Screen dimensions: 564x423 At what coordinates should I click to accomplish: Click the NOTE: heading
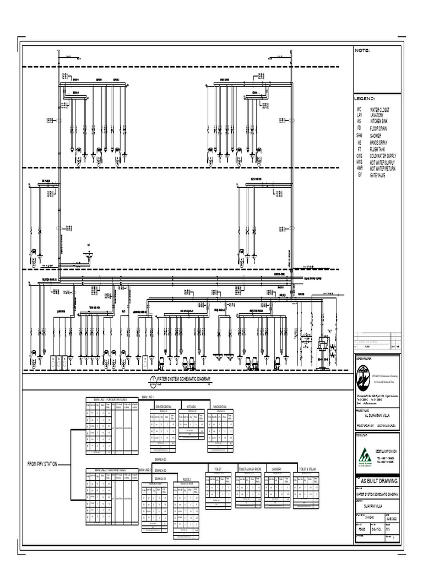(x=362, y=51)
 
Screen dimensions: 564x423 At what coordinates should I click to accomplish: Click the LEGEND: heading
(x=364, y=99)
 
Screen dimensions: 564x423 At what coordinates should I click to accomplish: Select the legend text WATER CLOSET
(x=381, y=110)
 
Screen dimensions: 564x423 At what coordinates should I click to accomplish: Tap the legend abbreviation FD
(x=359, y=127)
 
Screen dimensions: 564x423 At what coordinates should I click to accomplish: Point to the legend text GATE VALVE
(x=378, y=175)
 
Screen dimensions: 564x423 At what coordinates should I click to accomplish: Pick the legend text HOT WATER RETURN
(x=383, y=169)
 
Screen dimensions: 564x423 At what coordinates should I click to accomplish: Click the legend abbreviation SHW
(x=360, y=135)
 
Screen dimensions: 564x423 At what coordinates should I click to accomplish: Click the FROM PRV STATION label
(x=42, y=465)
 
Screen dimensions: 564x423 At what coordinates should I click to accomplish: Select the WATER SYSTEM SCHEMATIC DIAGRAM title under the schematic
(x=184, y=379)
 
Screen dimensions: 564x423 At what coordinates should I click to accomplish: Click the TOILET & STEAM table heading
(x=307, y=469)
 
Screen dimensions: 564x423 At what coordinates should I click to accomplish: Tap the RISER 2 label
(x=187, y=480)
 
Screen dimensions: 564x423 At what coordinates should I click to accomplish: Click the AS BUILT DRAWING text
(x=378, y=481)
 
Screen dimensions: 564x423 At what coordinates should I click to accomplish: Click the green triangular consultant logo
(x=365, y=456)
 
